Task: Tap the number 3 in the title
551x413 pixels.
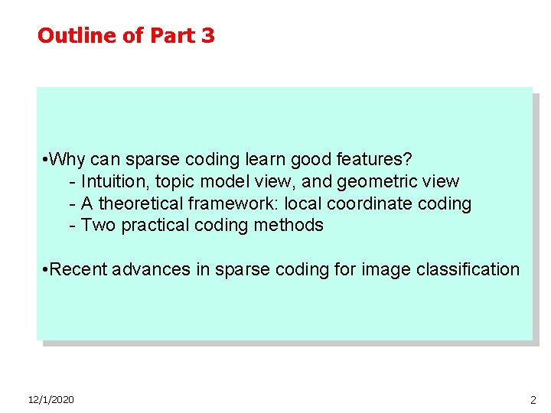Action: [x=208, y=35]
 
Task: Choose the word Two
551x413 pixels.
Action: [x=96, y=225]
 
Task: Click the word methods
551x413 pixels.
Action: [x=290, y=225]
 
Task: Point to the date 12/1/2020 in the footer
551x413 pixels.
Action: [x=51, y=399]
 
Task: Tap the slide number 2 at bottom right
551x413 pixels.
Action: [x=533, y=400]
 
